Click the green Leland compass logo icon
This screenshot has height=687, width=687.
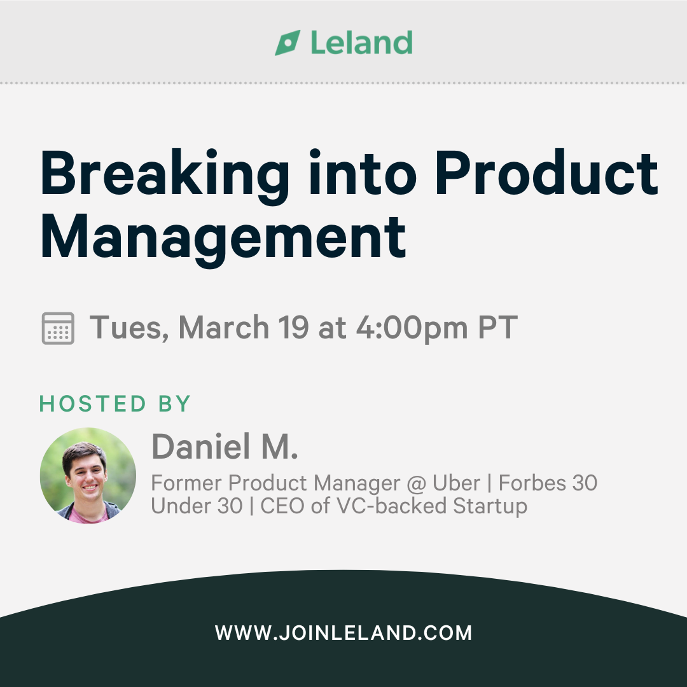click(x=288, y=43)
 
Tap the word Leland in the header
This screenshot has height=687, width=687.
click(x=361, y=43)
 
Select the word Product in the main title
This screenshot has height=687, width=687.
click(x=547, y=172)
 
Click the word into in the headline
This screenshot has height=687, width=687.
click(x=363, y=172)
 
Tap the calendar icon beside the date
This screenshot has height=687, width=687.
click(x=58, y=328)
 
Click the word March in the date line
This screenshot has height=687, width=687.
click(x=223, y=328)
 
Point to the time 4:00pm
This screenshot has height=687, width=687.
click(x=412, y=329)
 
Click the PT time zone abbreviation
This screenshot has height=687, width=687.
click(x=497, y=328)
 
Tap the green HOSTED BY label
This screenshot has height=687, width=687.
click(x=114, y=403)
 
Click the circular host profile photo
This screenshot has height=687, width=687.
click(x=88, y=476)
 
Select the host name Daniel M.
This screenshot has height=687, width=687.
click(x=225, y=447)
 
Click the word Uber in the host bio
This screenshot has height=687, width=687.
click(x=456, y=483)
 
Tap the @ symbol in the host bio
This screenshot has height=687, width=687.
click(x=416, y=484)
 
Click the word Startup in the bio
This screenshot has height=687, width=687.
click(x=490, y=507)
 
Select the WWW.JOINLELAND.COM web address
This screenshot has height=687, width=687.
click(x=343, y=633)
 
